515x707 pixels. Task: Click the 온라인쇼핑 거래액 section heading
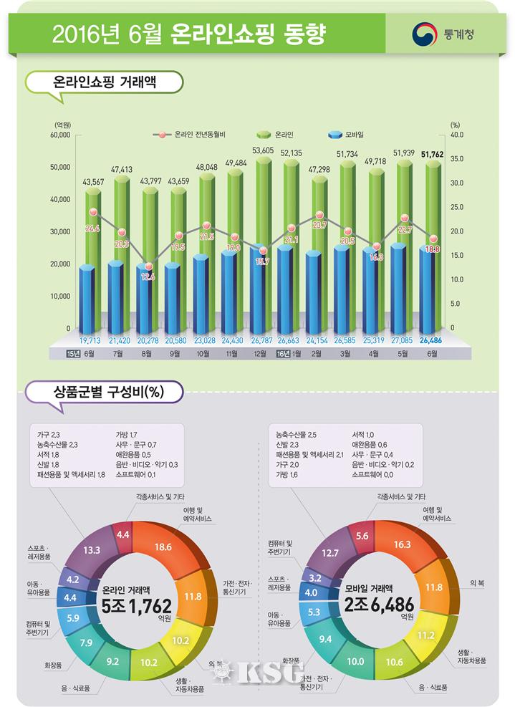[105, 82]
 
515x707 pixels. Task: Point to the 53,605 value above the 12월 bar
[264, 150]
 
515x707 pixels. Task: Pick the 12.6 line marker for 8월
[148, 276]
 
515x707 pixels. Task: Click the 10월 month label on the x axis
[203, 354]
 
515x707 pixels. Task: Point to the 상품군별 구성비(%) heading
[104, 392]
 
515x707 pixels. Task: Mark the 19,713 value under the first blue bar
[90, 341]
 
